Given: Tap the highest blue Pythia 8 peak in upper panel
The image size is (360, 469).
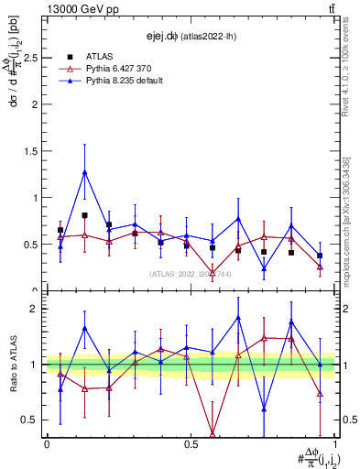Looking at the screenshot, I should click(x=84, y=172).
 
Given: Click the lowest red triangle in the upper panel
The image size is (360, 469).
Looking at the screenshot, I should click(x=213, y=273).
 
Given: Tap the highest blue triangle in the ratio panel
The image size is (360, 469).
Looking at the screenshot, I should click(x=238, y=318).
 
